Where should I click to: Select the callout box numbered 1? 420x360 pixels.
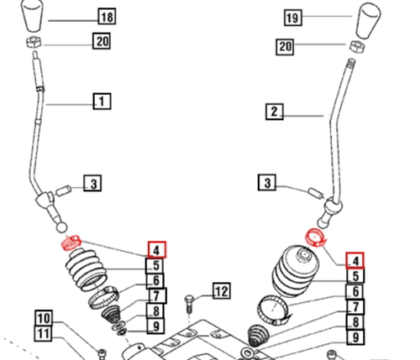102,103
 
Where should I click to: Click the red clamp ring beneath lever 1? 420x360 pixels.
71,244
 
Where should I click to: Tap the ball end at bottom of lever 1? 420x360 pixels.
60,227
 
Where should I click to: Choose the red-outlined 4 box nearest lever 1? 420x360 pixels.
157,249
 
